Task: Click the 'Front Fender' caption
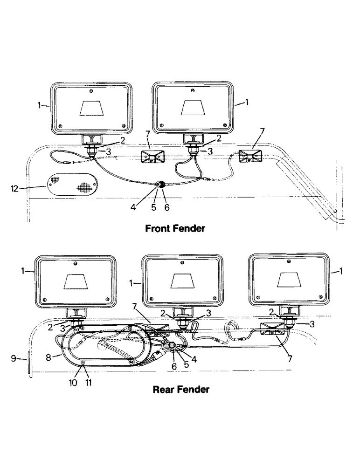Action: coord(175,229)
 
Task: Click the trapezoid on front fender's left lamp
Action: coord(92,108)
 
